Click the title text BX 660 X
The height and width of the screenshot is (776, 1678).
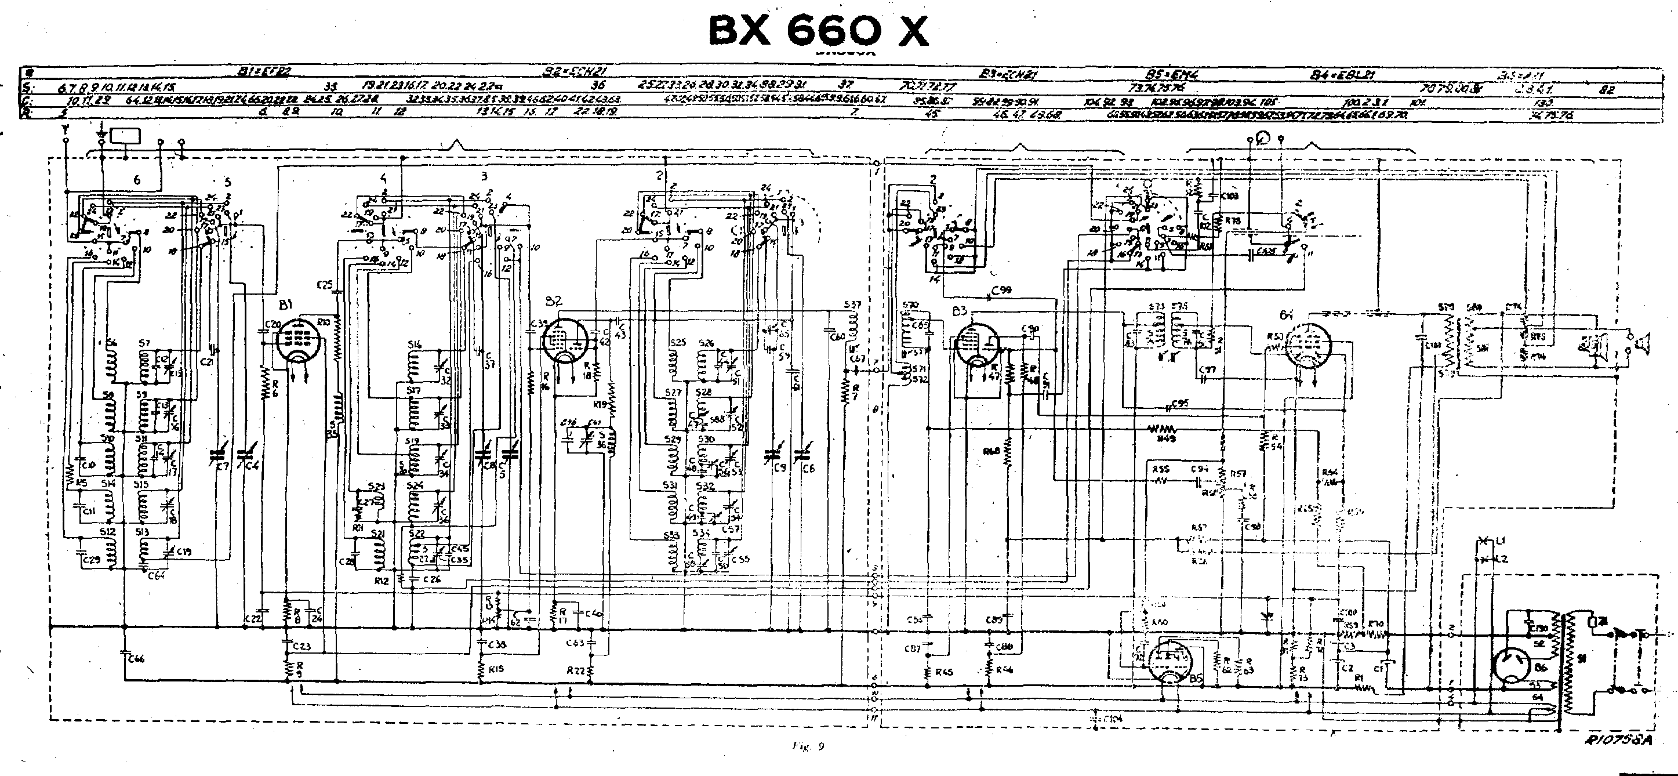tap(818, 31)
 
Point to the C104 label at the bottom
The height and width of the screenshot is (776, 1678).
tap(1114, 719)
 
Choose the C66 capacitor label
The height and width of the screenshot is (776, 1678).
tap(136, 659)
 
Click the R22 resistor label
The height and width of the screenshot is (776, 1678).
tap(576, 670)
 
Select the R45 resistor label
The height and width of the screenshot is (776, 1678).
tap(943, 672)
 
